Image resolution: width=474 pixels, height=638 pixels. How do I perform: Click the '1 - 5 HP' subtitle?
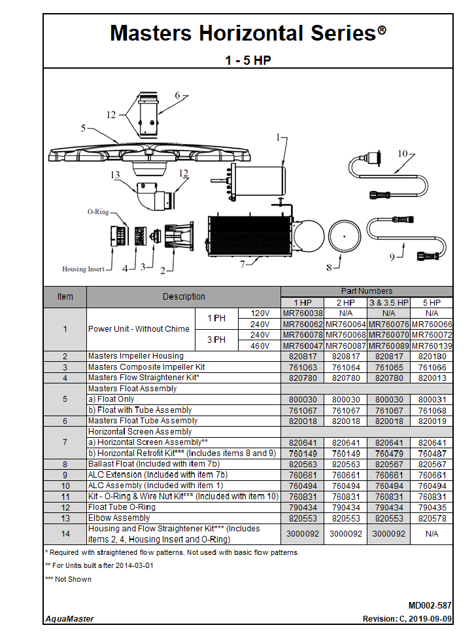coord(248,60)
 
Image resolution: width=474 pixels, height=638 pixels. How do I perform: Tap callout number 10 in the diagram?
coord(403,154)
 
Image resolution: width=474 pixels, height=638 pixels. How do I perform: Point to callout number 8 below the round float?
coord(329,267)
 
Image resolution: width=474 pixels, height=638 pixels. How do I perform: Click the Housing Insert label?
coord(82,269)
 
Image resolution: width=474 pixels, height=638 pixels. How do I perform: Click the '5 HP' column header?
coord(432,302)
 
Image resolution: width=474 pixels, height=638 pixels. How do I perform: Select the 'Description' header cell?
coord(184,296)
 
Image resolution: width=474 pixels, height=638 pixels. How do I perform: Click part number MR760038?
coord(303,313)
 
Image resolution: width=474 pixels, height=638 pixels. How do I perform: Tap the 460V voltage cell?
coord(260,346)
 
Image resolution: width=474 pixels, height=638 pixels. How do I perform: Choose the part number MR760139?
coord(432,346)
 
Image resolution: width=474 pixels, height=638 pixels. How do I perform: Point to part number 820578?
coord(432,518)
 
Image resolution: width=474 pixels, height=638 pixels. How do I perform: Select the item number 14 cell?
coord(65,534)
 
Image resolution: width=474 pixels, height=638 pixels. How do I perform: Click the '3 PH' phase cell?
coord(216,340)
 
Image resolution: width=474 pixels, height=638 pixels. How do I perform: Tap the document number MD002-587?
coord(430,606)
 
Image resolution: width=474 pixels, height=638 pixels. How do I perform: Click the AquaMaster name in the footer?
coord(69,619)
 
